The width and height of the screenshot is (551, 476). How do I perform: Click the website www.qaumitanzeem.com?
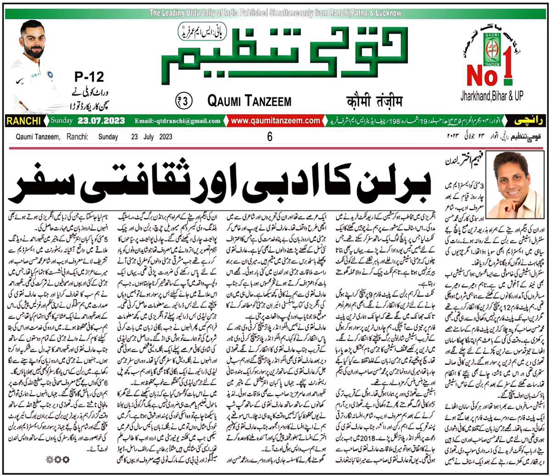point(275,121)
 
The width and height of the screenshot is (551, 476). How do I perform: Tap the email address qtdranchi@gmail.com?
point(178,121)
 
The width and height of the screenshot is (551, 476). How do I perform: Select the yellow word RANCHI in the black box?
point(23,121)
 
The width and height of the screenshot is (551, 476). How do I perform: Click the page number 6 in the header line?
point(270,137)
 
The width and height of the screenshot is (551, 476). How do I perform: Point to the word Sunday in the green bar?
point(62,121)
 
